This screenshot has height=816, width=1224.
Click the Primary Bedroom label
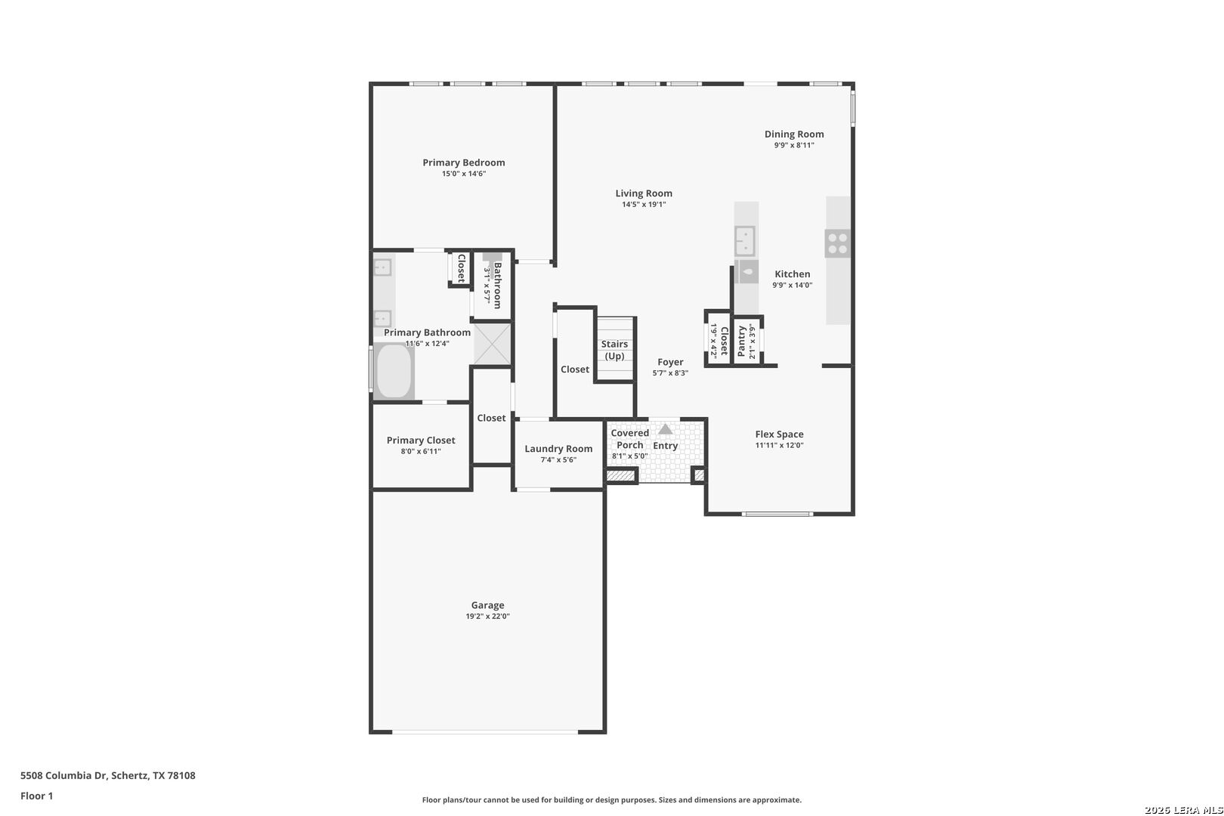point(463,162)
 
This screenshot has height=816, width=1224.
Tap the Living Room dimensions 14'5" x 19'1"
point(644,205)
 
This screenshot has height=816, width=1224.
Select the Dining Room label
point(794,134)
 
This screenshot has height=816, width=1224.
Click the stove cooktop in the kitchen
point(838,244)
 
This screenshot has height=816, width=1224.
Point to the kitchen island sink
point(745,241)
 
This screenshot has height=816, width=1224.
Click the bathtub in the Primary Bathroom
point(394,371)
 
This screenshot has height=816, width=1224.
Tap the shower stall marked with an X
point(492,345)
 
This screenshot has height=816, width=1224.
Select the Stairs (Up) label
point(614,350)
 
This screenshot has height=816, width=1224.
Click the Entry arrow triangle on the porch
point(665,429)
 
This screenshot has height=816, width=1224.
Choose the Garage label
point(487,605)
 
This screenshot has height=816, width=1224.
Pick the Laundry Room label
point(558,449)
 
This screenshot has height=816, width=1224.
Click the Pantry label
point(741,342)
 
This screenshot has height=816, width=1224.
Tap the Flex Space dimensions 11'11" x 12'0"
point(779,446)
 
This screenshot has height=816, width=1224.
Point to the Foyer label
point(670,362)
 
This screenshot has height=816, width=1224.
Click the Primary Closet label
point(421,440)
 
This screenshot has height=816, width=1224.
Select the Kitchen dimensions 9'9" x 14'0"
point(793,286)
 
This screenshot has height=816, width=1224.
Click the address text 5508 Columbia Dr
point(63,775)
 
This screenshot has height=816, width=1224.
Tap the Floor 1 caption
point(36,796)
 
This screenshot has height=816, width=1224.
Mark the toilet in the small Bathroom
point(492,261)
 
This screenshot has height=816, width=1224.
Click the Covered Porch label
point(629,439)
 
